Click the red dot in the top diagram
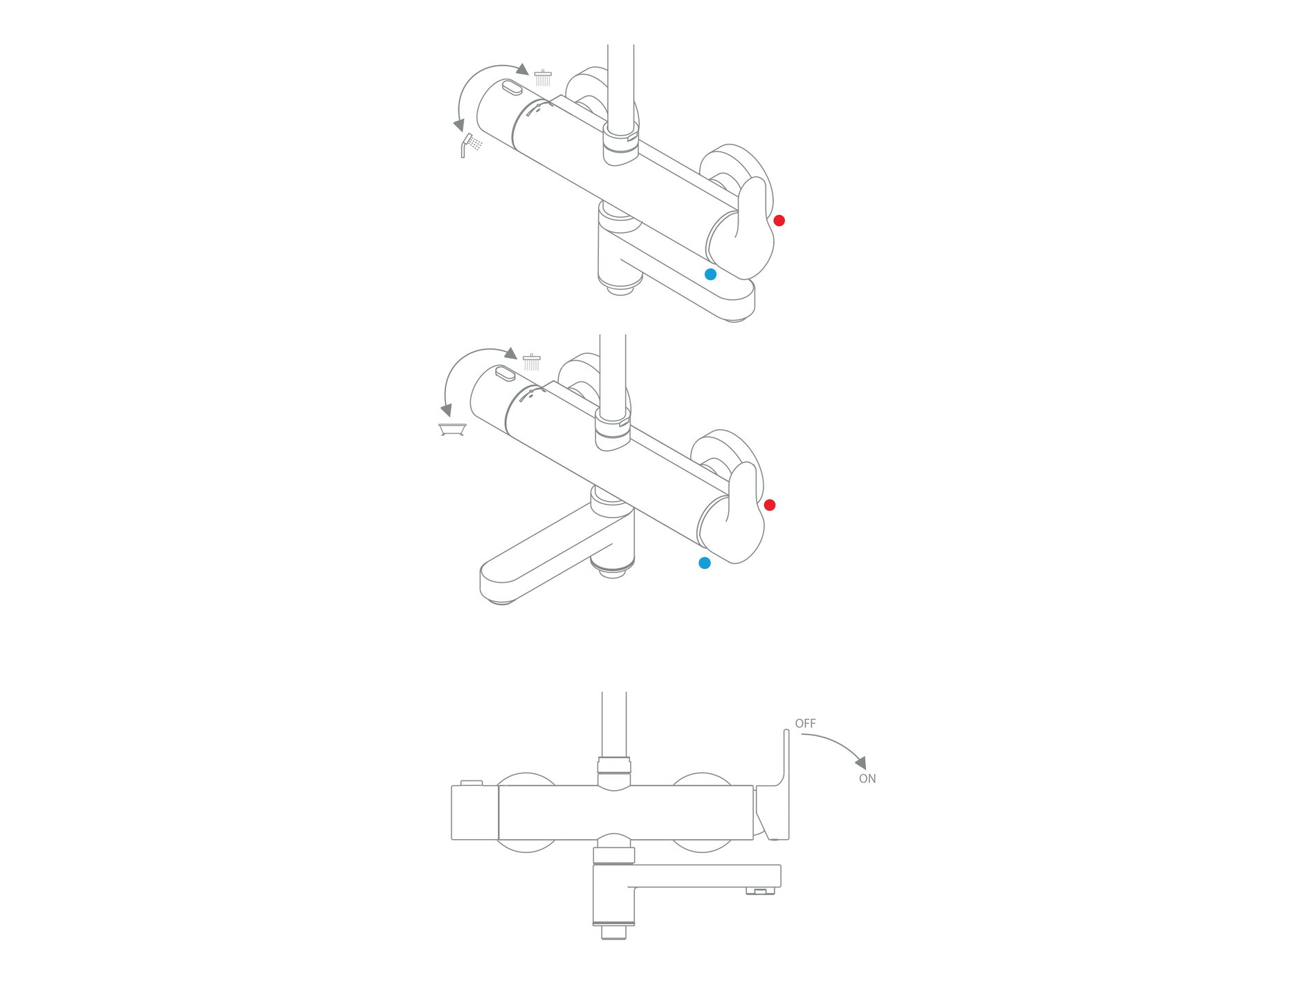[x=779, y=221]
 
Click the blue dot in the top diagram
[x=710, y=274]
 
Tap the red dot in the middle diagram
[x=770, y=505]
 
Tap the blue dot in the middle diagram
[x=705, y=563]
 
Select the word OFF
[x=805, y=724]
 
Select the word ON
[x=867, y=779]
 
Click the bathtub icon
[x=452, y=429]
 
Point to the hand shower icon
[x=472, y=145]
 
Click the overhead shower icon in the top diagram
[x=543, y=77]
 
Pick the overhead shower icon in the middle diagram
[x=532, y=362]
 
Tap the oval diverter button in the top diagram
[x=512, y=88]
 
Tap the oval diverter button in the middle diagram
[x=506, y=374]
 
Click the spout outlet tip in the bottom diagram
[x=760, y=891]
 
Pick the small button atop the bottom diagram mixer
[x=471, y=782]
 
